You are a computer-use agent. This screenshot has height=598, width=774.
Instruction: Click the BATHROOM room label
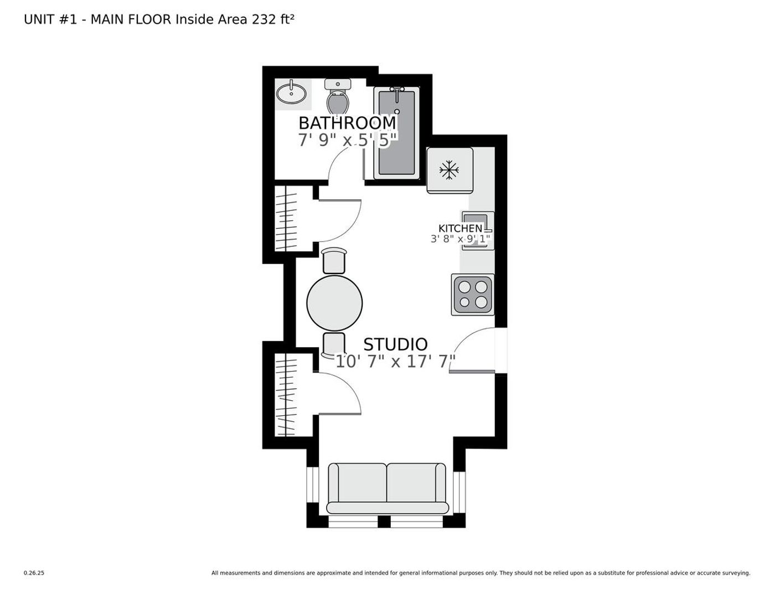pos(347,123)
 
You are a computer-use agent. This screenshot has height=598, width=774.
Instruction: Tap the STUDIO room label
pos(395,344)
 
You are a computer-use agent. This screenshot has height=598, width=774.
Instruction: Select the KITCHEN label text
pos(460,228)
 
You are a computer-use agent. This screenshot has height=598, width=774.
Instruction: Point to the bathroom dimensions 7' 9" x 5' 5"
pos(347,140)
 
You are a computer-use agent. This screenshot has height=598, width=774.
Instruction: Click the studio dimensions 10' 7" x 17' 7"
pos(396,362)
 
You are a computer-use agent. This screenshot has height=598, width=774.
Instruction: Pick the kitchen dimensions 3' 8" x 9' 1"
pos(461,239)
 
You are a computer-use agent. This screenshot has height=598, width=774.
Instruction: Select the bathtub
pos(397,133)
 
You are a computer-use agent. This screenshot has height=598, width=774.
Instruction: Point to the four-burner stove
pos(473,295)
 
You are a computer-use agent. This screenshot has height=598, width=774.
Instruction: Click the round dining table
pos(334,303)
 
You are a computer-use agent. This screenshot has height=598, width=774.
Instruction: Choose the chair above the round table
pos(334,261)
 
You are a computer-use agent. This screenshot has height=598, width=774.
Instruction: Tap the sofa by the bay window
pos(387,488)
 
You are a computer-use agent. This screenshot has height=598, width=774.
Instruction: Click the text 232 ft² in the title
pos(273,19)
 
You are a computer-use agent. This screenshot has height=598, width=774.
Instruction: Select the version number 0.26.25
pos(34,583)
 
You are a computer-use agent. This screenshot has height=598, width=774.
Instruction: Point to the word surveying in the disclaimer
pos(737,583)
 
